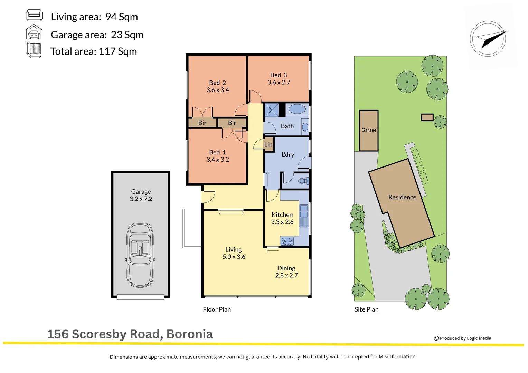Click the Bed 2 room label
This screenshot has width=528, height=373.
click(217, 83)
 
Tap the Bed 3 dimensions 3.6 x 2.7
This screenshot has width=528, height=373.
click(279, 83)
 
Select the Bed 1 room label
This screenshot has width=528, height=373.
click(217, 152)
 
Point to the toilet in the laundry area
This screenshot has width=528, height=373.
click(303, 181)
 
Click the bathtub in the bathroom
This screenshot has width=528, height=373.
click(297, 109)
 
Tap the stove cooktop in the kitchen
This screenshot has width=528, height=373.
click(287, 241)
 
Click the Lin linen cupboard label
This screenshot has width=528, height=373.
click(268, 145)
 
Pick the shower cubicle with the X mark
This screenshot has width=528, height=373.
click(271, 110)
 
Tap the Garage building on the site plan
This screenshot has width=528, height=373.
click(368, 130)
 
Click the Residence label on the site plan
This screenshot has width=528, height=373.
click(402, 197)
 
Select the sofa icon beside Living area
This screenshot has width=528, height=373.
click(34, 15)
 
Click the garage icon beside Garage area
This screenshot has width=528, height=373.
click(34, 32)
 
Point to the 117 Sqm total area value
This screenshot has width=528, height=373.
click(117, 51)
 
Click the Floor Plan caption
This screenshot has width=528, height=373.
click(217, 309)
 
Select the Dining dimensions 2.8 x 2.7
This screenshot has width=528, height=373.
click(286, 276)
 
